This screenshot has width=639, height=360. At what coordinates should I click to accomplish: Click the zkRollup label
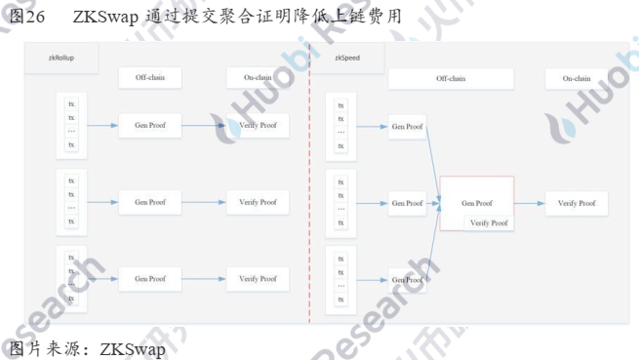(63, 60)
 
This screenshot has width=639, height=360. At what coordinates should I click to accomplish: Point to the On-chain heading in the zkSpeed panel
(576, 78)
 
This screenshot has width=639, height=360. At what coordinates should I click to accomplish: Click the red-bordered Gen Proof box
(478, 203)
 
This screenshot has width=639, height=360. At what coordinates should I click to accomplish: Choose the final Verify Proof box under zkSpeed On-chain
(576, 203)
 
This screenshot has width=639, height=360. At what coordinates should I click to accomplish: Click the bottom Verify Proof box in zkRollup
(258, 279)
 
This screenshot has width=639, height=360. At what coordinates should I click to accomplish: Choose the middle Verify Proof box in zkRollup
(258, 202)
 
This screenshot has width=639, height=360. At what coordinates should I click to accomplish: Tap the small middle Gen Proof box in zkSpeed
(407, 203)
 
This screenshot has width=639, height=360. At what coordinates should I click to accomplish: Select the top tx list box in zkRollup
(70, 124)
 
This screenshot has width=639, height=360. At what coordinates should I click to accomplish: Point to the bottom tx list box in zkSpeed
(340, 279)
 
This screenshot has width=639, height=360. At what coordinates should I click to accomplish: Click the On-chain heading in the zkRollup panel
(257, 78)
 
